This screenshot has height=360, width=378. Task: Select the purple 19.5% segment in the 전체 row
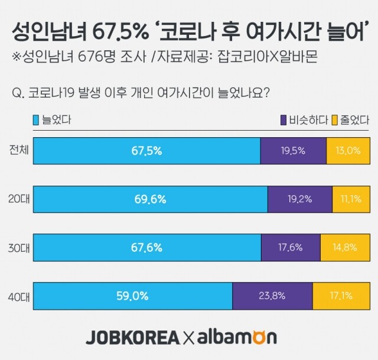point(293,151)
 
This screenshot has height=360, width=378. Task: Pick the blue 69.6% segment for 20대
point(151,199)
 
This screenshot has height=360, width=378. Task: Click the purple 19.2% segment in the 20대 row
point(300,199)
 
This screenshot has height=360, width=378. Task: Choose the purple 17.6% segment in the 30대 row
point(291,248)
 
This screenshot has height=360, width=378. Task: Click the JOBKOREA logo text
point(132,338)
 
